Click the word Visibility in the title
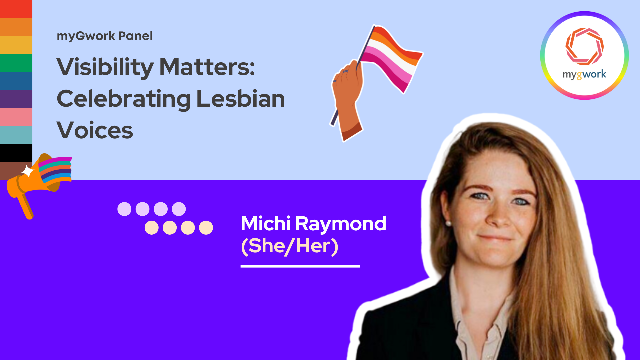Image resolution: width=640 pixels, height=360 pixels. (x=105, y=67)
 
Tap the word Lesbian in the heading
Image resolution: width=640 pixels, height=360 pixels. (x=240, y=99)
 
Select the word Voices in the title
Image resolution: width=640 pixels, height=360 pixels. (x=95, y=130)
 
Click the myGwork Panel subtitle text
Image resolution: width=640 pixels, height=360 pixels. (x=105, y=36)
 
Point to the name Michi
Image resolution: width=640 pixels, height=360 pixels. (x=266, y=223)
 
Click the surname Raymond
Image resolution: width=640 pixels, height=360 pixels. (x=341, y=224)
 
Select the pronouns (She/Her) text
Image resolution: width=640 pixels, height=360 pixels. (x=289, y=246)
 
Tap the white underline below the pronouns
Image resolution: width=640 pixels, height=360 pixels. (x=300, y=266)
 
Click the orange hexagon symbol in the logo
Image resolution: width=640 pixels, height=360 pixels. (x=584, y=46)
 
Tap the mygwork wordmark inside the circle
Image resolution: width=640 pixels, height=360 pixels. (x=584, y=74)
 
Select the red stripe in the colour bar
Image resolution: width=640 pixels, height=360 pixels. (x=16, y=9)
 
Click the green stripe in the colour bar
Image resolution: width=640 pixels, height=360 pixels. (x=16, y=63)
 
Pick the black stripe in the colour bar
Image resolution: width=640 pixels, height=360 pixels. (x=16, y=153)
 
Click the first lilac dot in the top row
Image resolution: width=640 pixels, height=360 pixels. (x=124, y=209)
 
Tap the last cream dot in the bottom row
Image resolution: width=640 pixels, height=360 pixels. (x=206, y=228)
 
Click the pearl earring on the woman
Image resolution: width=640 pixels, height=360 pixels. (x=448, y=223)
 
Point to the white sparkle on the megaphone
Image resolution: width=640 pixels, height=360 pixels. (x=28, y=172)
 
